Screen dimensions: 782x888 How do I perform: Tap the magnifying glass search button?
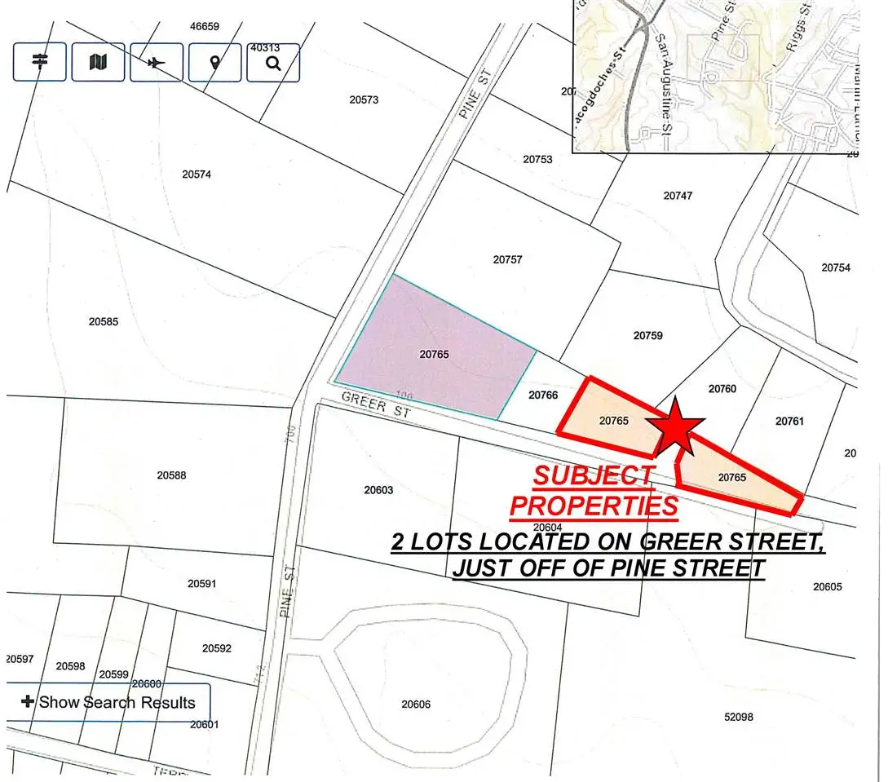pyautogui.click(x=273, y=62)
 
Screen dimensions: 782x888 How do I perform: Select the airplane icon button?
pyautogui.click(x=157, y=62)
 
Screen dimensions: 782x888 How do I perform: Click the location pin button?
pyautogui.click(x=215, y=62)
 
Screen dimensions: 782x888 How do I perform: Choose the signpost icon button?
pyautogui.click(x=39, y=62)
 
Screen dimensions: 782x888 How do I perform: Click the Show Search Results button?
pyautogui.click(x=108, y=702)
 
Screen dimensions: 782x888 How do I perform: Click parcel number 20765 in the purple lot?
pyautogui.click(x=435, y=355)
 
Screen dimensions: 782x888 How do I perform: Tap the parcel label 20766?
pyautogui.click(x=543, y=395)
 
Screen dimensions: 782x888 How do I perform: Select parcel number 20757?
pyautogui.click(x=507, y=259)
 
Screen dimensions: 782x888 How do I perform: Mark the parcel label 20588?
pyautogui.click(x=172, y=475)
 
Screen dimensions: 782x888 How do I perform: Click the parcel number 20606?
pyautogui.click(x=416, y=704)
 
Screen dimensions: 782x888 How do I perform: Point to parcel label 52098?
pyautogui.click(x=738, y=717)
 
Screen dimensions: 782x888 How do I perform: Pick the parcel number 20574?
pyautogui.click(x=197, y=174)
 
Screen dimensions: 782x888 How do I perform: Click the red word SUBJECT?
pyautogui.click(x=593, y=475)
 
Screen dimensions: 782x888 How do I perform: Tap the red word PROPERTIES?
pyautogui.click(x=594, y=506)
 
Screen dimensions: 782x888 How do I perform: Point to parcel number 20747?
pyautogui.click(x=678, y=196)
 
